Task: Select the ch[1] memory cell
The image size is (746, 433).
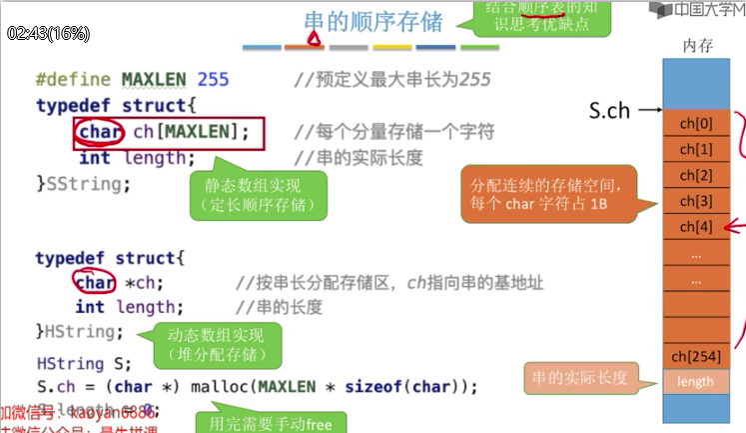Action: pos(696,149)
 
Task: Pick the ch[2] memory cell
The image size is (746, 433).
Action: pos(696,175)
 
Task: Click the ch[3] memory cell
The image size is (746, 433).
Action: pos(696,201)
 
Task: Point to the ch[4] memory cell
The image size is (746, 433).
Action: pos(696,227)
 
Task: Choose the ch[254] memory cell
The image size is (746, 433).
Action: pos(696,356)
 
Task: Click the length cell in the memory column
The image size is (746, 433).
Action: pos(696,381)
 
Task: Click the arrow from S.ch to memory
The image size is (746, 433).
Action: pos(650,111)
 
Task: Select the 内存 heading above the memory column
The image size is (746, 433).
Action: pos(696,46)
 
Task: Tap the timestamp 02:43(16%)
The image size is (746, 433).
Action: pos(48,33)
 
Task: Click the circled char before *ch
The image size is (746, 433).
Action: pos(95,283)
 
